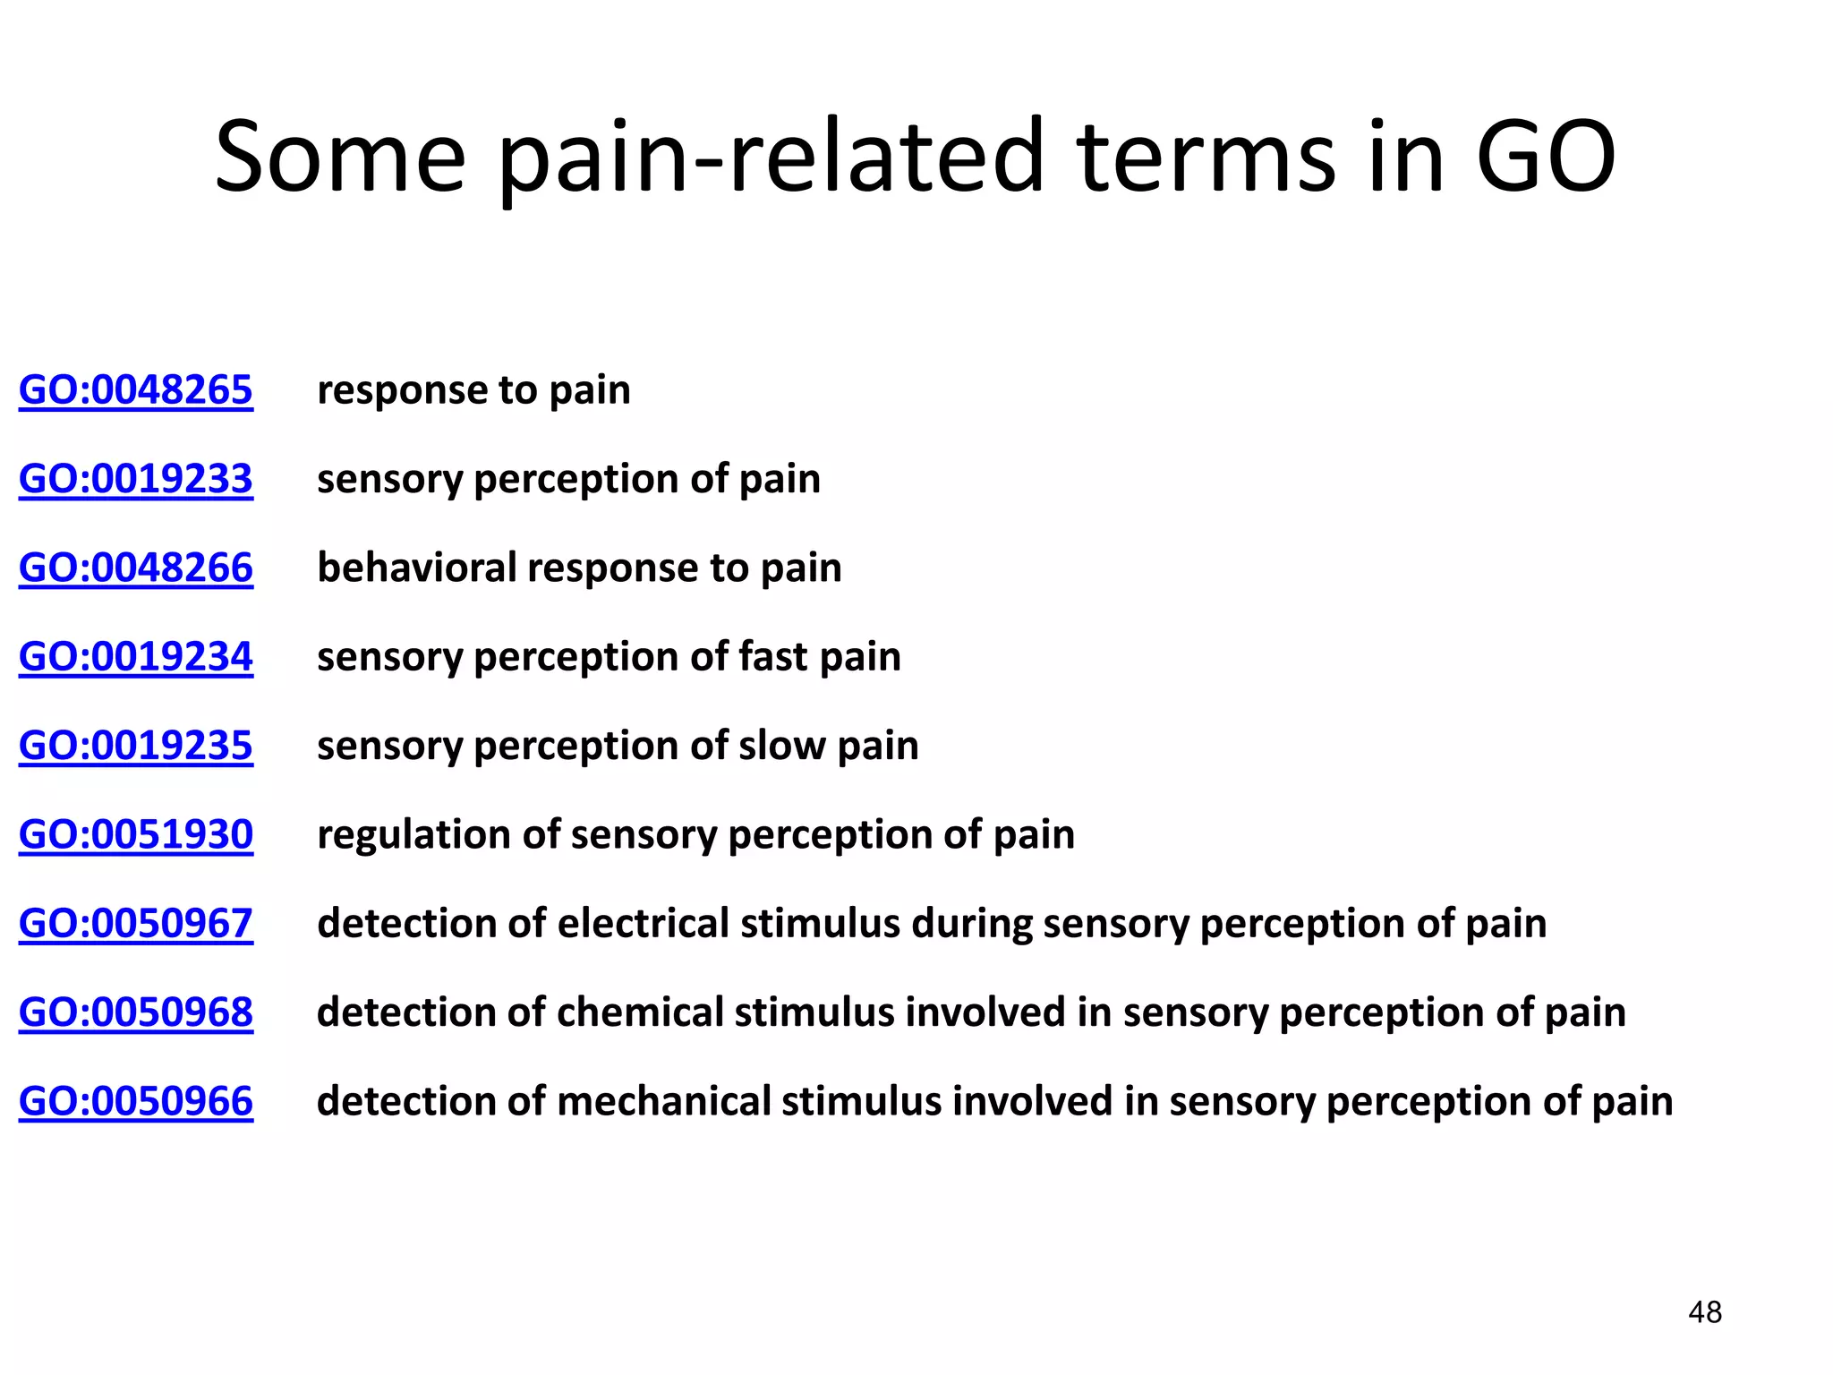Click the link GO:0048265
tap(136, 390)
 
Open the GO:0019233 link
tap(136, 479)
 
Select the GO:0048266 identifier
tap(136, 568)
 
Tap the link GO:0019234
tap(136, 656)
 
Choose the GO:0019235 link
tap(136, 745)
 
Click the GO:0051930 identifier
tap(136, 834)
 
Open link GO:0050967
tap(136, 923)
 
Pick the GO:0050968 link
tap(136, 1012)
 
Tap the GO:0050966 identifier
tap(136, 1101)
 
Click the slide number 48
tap(1705, 1312)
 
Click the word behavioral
tap(417, 568)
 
